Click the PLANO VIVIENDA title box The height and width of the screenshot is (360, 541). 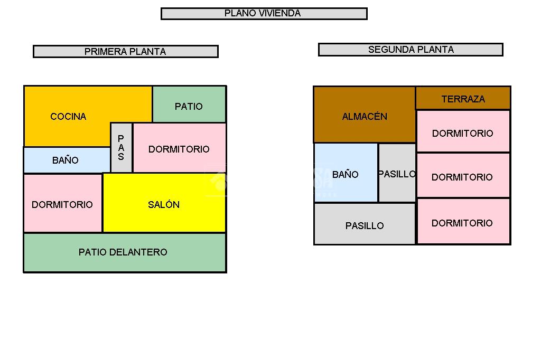(x=264, y=14)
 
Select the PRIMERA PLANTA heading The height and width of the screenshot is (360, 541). (x=125, y=51)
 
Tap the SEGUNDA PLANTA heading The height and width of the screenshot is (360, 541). (x=411, y=50)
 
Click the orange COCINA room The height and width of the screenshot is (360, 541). (x=68, y=116)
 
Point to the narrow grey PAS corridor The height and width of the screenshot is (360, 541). (x=121, y=148)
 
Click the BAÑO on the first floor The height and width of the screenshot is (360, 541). (x=66, y=160)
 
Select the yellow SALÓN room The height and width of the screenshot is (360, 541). (x=164, y=204)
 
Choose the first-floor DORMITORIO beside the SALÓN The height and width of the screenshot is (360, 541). (x=62, y=204)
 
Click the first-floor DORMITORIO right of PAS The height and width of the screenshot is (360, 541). (x=179, y=148)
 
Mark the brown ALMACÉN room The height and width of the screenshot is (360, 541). (x=364, y=116)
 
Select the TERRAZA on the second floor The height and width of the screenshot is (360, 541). (x=463, y=99)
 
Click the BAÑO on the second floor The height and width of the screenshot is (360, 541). (x=346, y=174)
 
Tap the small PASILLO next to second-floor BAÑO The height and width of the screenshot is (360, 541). (x=397, y=173)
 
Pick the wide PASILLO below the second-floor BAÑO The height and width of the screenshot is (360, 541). (x=364, y=225)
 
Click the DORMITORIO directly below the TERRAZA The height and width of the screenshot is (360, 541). (x=462, y=132)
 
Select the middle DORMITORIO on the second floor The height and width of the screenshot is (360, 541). (x=462, y=176)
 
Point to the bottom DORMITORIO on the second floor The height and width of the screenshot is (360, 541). (x=462, y=222)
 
